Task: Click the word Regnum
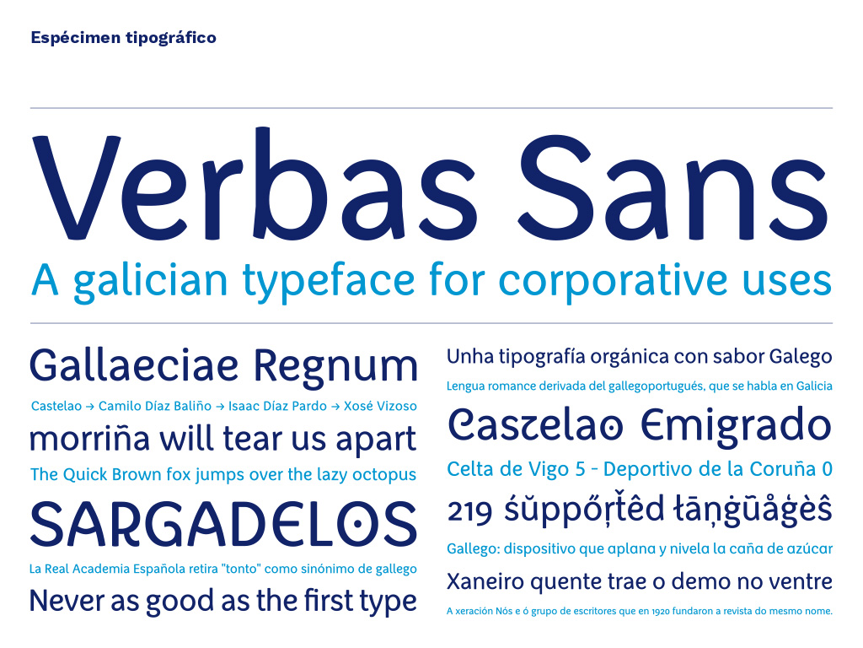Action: tap(335, 368)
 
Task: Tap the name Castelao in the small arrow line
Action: tap(56, 407)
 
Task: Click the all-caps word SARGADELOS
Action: tap(223, 523)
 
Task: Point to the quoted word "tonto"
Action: tap(246, 569)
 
